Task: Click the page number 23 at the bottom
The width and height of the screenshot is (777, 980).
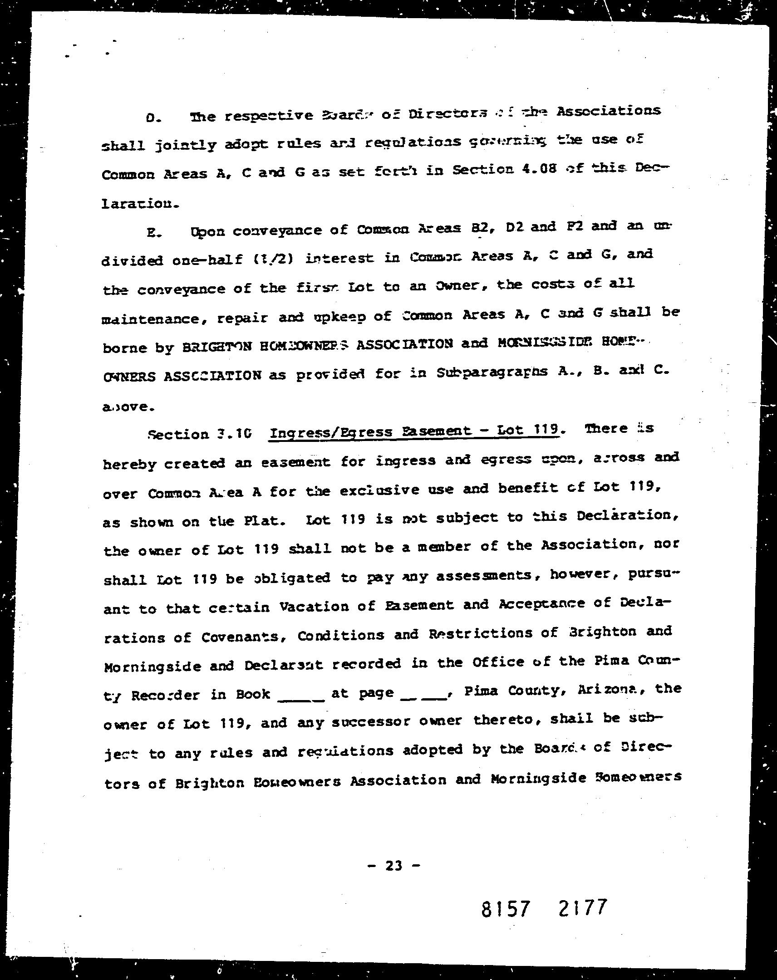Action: pos(394,866)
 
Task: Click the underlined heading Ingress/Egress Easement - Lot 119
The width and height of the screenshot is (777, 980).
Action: pos(414,431)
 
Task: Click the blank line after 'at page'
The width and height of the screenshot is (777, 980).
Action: pos(424,697)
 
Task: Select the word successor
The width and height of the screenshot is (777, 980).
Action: pos(371,722)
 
